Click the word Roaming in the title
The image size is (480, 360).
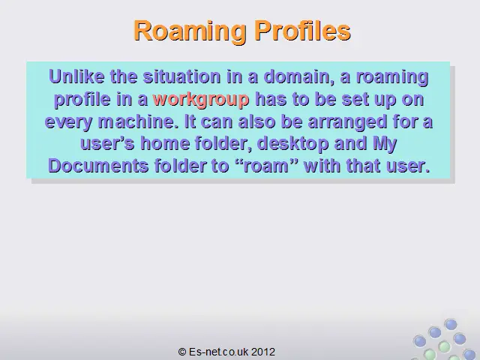click(x=190, y=31)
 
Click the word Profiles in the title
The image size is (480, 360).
click(x=303, y=30)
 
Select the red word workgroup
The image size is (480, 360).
click(x=201, y=100)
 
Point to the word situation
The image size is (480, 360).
click(x=181, y=76)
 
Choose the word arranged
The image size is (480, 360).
click(x=347, y=122)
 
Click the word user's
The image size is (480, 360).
click(x=107, y=143)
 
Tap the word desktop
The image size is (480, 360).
click(x=292, y=144)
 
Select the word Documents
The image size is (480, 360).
click(x=98, y=166)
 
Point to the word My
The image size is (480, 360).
click(x=385, y=144)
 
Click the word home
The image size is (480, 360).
click(x=165, y=143)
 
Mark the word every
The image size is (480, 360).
click(x=68, y=122)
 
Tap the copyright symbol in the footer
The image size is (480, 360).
click(x=182, y=352)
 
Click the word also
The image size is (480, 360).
click(x=256, y=121)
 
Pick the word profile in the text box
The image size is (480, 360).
click(x=82, y=100)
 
